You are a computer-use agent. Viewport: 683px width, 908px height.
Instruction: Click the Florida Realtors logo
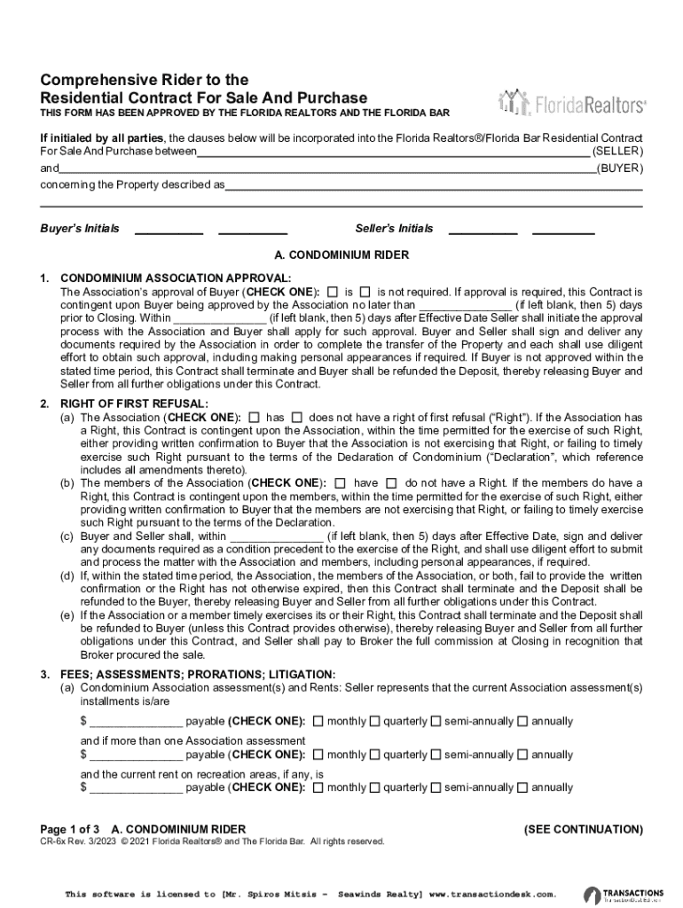pyautogui.click(x=572, y=104)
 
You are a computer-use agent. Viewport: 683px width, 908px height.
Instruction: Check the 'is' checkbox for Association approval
pyautogui.click(x=333, y=291)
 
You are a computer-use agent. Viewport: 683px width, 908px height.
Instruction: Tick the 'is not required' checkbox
pyautogui.click(x=365, y=291)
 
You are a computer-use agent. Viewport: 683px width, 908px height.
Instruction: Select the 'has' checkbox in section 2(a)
pyautogui.click(x=255, y=417)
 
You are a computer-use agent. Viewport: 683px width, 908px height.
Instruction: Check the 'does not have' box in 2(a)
pyautogui.click(x=297, y=417)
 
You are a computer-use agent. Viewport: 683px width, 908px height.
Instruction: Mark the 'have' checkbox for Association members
pyautogui.click(x=341, y=483)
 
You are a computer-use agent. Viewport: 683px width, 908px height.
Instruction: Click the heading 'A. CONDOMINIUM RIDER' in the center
pyautogui.click(x=341, y=255)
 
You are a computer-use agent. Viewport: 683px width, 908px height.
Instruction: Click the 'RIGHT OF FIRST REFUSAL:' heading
pyautogui.click(x=134, y=404)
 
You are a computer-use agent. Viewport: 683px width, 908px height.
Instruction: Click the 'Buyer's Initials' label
pyautogui.click(x=80, y=229)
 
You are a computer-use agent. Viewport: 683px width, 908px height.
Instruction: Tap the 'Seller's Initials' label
pyautogui.click(x=394, y=229)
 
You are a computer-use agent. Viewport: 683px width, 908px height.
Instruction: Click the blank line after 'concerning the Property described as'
pyautogui.click(x=434, y=186)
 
